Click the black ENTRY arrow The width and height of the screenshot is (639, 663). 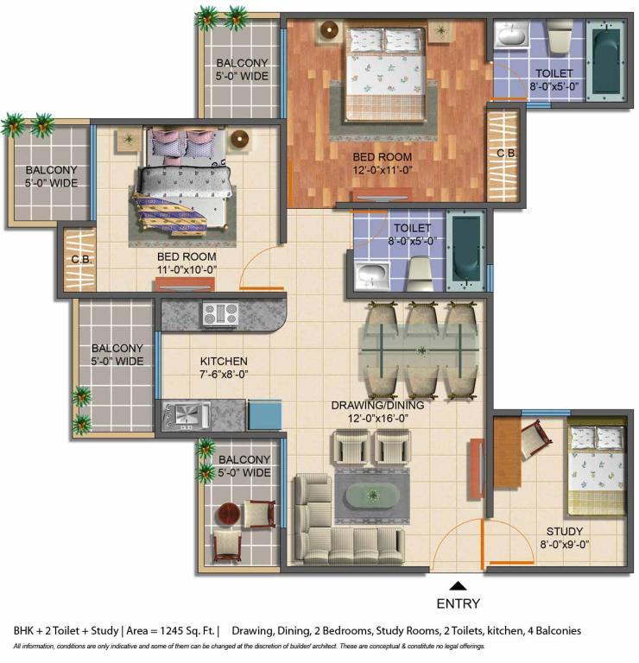459,586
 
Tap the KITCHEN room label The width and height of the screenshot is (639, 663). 224,362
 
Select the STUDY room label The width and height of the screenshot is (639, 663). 565,532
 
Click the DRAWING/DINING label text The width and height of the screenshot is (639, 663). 377,406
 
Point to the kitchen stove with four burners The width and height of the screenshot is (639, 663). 221,314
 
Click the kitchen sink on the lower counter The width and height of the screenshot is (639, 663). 187,415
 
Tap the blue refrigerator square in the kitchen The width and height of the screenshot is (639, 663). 265,414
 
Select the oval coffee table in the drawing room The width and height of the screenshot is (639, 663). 372,496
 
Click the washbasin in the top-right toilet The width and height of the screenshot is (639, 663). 512,35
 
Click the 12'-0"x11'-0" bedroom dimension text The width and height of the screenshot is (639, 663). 383,170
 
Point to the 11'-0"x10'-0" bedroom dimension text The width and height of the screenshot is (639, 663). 187,269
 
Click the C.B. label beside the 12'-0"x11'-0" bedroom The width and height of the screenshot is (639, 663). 506,153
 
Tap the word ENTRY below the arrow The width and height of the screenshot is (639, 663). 459,603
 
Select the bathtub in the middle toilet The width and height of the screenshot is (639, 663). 466,251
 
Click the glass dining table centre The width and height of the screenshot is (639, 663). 421,350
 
